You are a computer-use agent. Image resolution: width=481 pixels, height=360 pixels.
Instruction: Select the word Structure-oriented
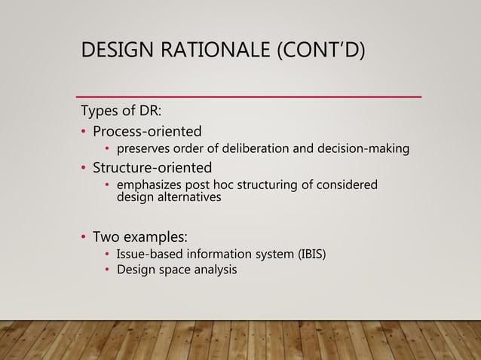152,166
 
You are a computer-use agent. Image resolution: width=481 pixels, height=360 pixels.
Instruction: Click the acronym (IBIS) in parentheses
311,253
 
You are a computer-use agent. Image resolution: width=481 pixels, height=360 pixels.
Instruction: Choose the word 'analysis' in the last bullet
215,269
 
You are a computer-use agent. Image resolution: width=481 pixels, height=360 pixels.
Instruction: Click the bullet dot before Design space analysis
108,270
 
